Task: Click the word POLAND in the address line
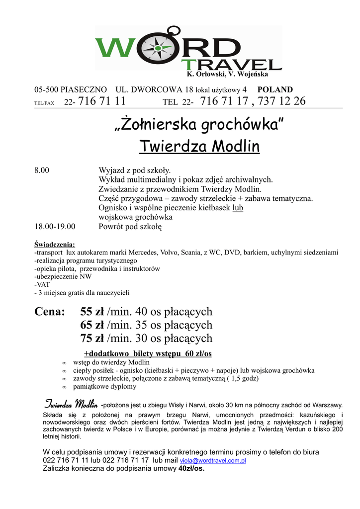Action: (x=275, y=90)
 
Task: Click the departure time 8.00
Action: (x=41, y=170)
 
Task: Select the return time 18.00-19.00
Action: (x=55, y=227)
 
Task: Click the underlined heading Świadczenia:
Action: (x=55, y=245)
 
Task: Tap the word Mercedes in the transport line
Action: (x=145, y=253)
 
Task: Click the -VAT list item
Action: (x=42, y=285)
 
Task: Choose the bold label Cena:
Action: (x=50, y=312)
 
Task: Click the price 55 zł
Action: (x=92, y=312)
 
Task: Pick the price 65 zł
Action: (x=92, y=326)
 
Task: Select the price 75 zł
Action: (x=92, y=339)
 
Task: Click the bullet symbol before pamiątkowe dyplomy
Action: (x=64, y=387)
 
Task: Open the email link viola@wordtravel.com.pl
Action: (x=213, y=461)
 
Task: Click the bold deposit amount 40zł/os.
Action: (x=191, y=468)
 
